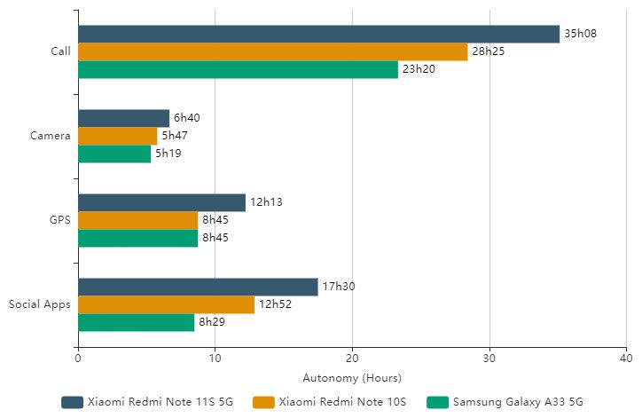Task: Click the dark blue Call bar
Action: (x=318, y=34)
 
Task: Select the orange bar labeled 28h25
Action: (x=272, y=51)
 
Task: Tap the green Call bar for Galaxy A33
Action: (x=238, y=69)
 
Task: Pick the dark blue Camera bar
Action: (x=123, y=118)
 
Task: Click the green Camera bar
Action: (x=114, y=154)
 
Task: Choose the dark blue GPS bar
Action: (x=161, y=202)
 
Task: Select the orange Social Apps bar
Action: (x=166, y=304)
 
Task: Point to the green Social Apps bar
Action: (x=136, y=322)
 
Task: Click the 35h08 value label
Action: (x=580, y=34)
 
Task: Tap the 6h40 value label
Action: (x=186, y=118)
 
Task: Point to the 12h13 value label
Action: (x=265, y=202)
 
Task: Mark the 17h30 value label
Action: (x=338, y=287)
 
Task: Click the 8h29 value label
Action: (x=213, y=322)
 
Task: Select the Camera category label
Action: (x=50, y=136)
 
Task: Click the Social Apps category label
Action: (x=40, y=304)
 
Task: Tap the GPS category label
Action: (x=59, y=220)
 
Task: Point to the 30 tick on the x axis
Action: (x=489, y=358)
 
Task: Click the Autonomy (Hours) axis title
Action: (x=352, y=377)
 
